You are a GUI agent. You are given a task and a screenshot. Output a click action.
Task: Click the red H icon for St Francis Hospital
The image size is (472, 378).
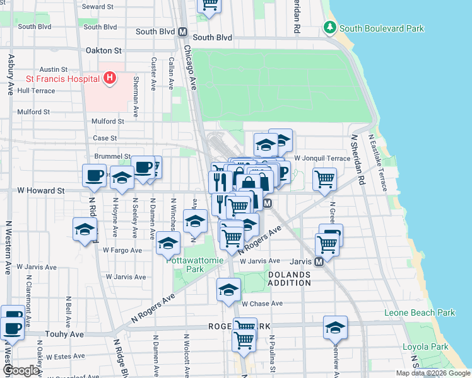tap(110, 79)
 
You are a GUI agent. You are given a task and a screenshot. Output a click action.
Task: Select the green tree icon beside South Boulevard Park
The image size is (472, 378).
tap(329, 28)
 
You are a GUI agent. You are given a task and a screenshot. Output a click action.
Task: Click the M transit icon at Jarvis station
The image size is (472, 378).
tap(319, 261)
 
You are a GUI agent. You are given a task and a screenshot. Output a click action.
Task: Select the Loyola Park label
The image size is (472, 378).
tap(425, 346)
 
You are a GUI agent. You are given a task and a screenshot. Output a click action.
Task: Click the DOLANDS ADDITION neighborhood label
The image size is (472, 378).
tap(289, 278)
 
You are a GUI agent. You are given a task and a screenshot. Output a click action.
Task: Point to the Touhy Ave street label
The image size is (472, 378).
tap(64, 335)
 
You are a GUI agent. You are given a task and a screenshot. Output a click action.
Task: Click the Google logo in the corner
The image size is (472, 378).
tap(21, 370)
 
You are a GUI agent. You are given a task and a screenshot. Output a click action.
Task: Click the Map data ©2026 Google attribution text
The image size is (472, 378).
tap(432, 373)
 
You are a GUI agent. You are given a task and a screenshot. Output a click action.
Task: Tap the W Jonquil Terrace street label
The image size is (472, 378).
tap(322, 158)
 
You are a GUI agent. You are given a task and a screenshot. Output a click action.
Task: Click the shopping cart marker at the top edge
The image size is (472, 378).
tap(209, 5)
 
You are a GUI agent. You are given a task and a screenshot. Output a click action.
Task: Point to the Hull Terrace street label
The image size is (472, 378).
tap(37, 91)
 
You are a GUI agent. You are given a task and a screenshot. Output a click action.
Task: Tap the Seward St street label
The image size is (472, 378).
tap(98, 7)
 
